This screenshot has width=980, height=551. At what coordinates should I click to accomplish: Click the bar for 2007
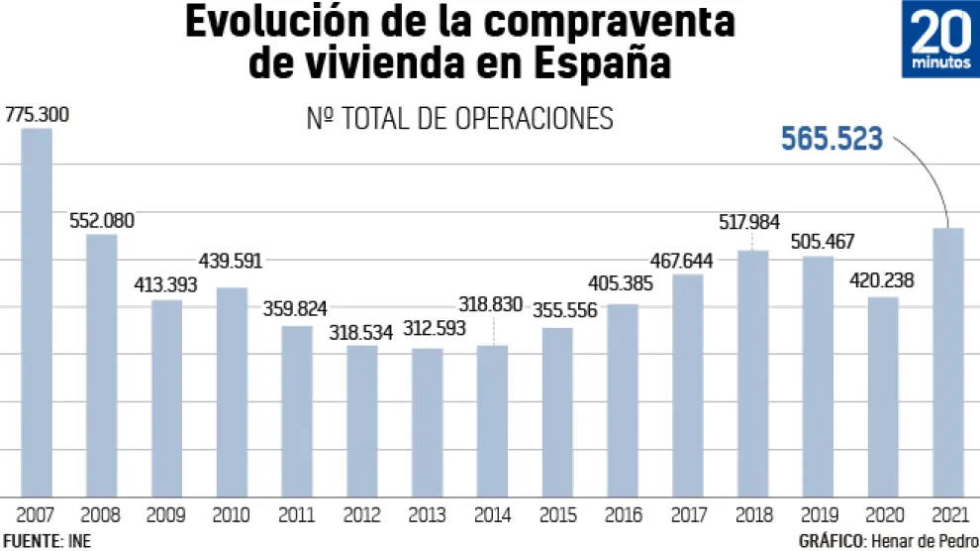point(37,312)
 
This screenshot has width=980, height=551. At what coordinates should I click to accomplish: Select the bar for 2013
point(428,422)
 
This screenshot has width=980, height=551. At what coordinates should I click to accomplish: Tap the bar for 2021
point(947,362)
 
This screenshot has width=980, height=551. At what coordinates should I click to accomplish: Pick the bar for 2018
point(752,373)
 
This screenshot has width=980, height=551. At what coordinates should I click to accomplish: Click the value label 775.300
point(38,114)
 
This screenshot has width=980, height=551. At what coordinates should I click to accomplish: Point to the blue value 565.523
point(832,140)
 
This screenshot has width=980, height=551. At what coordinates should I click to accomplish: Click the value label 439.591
point(234,263)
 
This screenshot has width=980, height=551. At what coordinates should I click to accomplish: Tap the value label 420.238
point(881,280)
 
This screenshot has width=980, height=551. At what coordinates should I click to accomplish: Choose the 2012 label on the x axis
point(362,515)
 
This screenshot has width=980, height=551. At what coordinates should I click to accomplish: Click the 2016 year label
point(623,515)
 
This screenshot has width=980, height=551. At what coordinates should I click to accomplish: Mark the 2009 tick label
point(166,515)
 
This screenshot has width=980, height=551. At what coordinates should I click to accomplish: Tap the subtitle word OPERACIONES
point(535,118)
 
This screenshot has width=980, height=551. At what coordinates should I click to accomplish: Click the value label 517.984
point(753,221)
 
